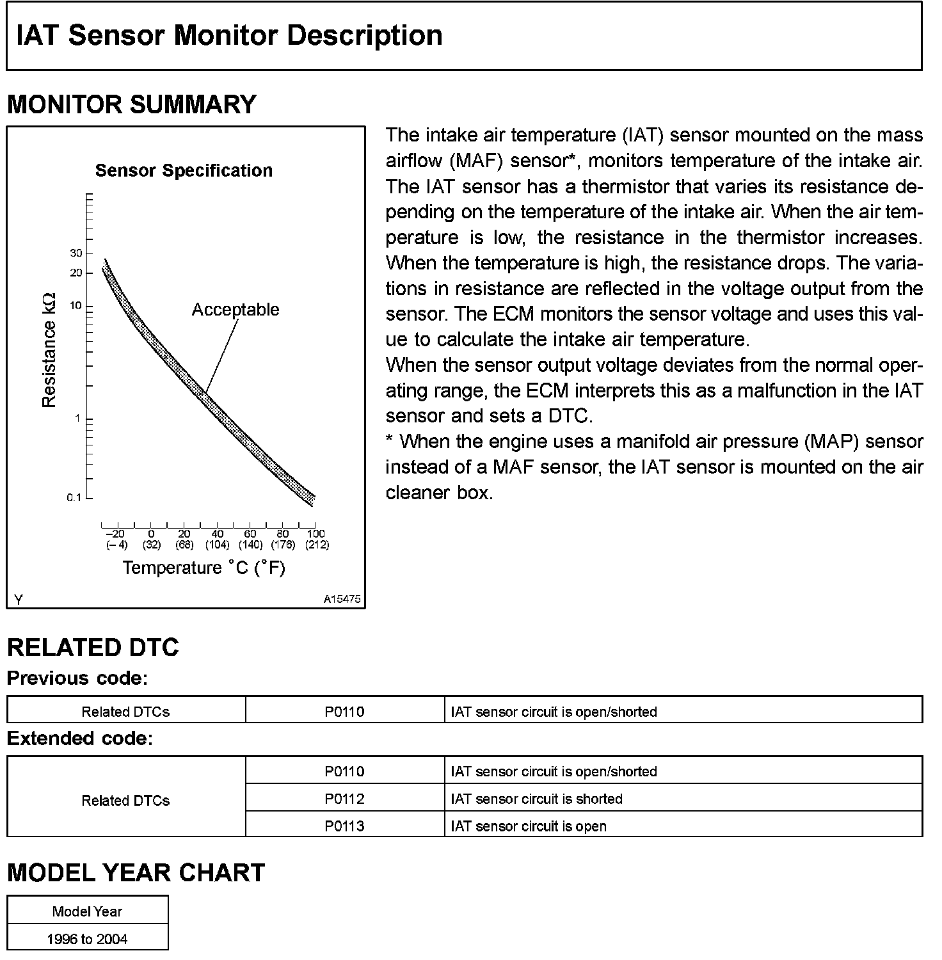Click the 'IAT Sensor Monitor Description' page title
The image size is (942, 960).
coord(229,36)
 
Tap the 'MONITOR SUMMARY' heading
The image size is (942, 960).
coord(131,104)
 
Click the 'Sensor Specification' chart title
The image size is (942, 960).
coord(184,171)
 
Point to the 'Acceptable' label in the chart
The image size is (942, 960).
coord(235,310)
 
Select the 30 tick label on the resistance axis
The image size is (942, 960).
coord(76,253)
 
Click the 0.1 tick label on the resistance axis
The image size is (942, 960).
coord(74,498)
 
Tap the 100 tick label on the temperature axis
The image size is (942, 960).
coord(316,534)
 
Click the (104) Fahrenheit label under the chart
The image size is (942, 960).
coord(218,545)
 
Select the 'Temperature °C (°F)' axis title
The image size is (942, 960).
coord(204,568)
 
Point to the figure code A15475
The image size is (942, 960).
coord(342,600)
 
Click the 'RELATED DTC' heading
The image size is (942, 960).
coord(93,648)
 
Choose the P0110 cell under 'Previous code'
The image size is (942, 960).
coord(344,712)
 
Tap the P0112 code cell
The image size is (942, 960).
coord(344,799)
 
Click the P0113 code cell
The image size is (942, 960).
coord(344,826)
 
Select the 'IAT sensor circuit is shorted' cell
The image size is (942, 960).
coord(536,799)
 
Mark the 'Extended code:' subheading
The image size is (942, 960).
coord(80,739)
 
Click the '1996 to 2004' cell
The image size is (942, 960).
coord(87,939)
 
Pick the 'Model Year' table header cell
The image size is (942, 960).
coord(87,911)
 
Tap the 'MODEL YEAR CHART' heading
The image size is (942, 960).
coord(136,873)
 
